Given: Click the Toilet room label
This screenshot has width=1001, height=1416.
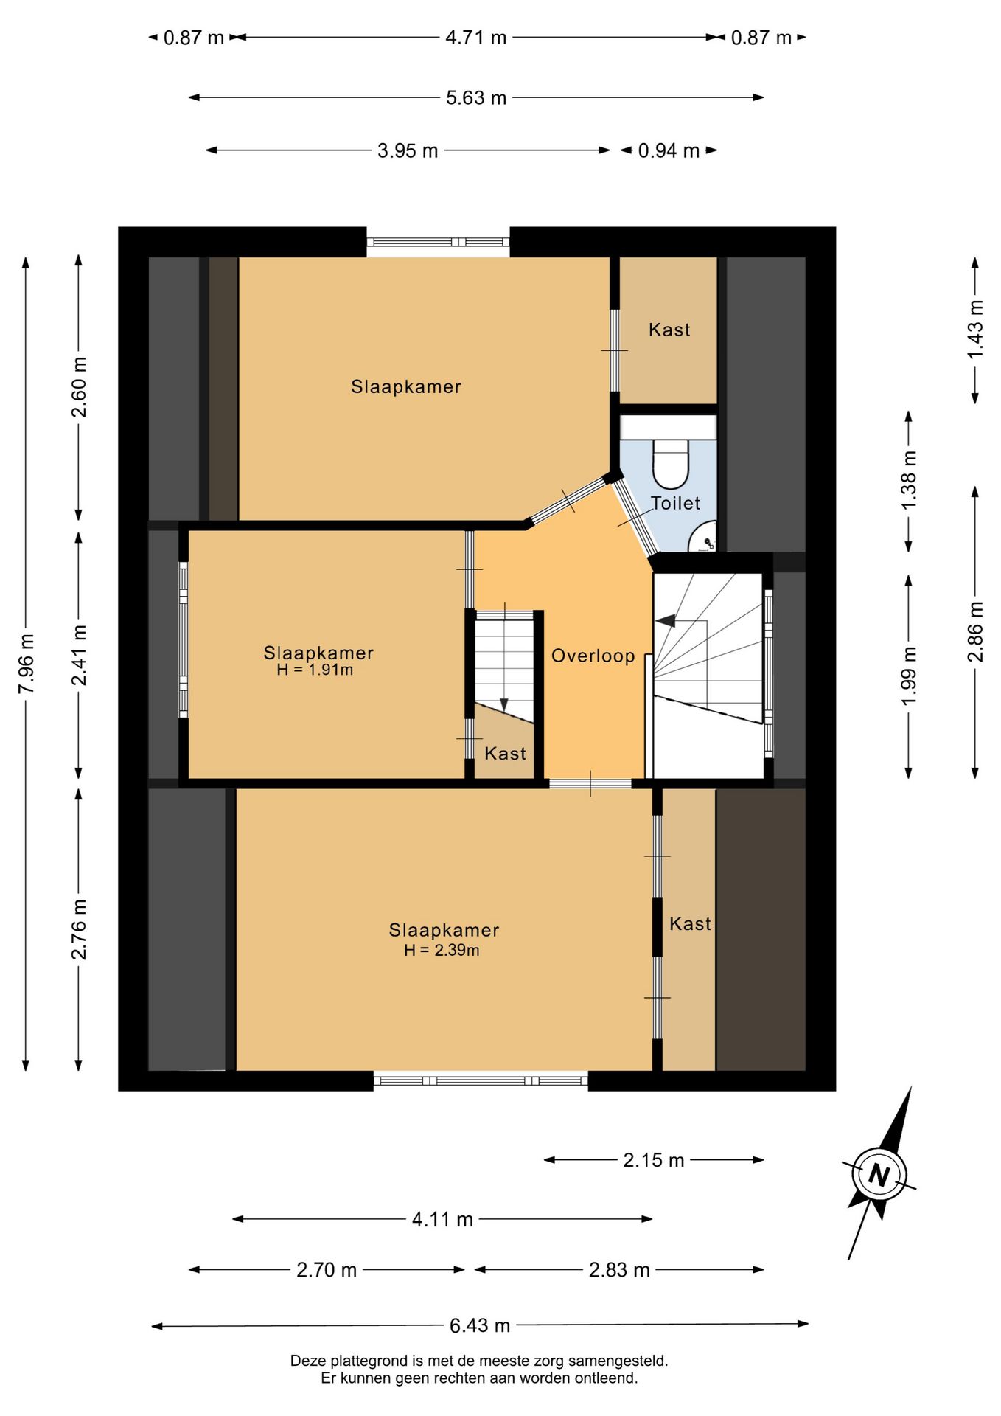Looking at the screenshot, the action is click(675, 503).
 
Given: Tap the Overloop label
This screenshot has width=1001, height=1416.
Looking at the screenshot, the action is click(593, 656).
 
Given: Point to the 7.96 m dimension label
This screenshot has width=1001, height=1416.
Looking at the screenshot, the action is click(26, 663).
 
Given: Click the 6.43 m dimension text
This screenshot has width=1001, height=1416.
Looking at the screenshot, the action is click(480, 1325).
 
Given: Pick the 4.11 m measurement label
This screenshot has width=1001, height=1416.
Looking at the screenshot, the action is click(442, 1219).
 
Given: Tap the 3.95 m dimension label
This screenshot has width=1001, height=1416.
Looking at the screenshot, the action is click(408, 150).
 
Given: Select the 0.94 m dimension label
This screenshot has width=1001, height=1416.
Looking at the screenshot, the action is click(669, 150).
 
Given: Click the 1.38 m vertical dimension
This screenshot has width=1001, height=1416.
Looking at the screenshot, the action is click(909, 479).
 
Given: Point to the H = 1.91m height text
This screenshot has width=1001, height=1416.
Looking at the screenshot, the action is click(315, 670).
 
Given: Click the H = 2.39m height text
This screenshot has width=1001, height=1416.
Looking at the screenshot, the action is click(442, 950).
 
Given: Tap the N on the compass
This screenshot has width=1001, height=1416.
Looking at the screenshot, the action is click(878, 1173).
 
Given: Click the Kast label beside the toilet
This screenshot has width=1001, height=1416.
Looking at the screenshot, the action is click(669, 330).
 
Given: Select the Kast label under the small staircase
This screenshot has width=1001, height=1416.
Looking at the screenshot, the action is click(505, 753).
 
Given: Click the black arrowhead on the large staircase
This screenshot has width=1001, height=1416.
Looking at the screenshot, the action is click(665, 621).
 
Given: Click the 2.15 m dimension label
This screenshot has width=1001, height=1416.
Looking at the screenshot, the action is click(654, 1160).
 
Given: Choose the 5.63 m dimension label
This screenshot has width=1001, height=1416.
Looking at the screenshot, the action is click(476, 97).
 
